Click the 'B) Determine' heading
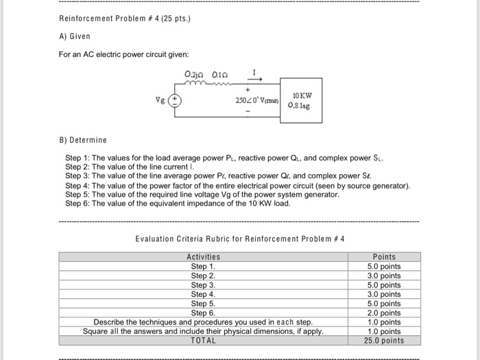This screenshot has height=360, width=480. click(x=83, y=140)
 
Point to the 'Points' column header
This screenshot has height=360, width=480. click(x=383, y=257)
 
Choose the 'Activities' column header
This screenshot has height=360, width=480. click(x=203, y=257)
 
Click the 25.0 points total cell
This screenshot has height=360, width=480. click(x=383, y=341)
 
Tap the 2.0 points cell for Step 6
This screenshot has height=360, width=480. click(x=383, y=313)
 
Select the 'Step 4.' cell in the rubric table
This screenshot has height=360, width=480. click(x=203, y=294)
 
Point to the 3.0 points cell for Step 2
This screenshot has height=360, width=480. click(x=383, y=276)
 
